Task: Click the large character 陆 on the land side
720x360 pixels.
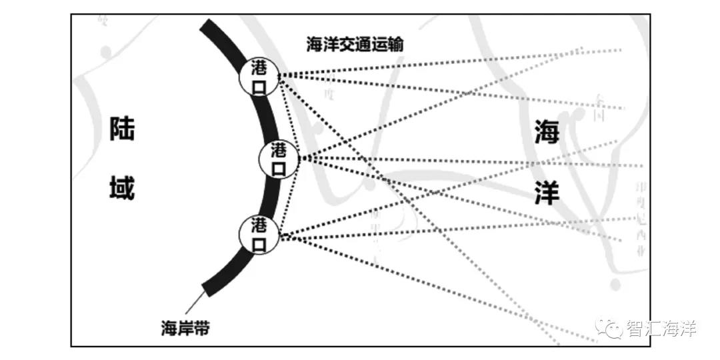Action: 123,129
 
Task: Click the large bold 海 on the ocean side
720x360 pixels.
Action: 547,134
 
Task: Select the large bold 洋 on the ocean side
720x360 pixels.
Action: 547,193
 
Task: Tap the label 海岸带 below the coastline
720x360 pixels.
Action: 185,328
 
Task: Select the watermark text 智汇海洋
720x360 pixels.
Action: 660,329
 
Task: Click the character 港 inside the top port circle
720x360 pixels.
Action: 259,67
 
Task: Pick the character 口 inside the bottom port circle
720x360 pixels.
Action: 259,244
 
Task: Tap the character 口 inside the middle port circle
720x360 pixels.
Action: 279,169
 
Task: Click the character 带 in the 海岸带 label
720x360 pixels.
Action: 201,328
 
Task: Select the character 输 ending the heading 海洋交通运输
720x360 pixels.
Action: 396,45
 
